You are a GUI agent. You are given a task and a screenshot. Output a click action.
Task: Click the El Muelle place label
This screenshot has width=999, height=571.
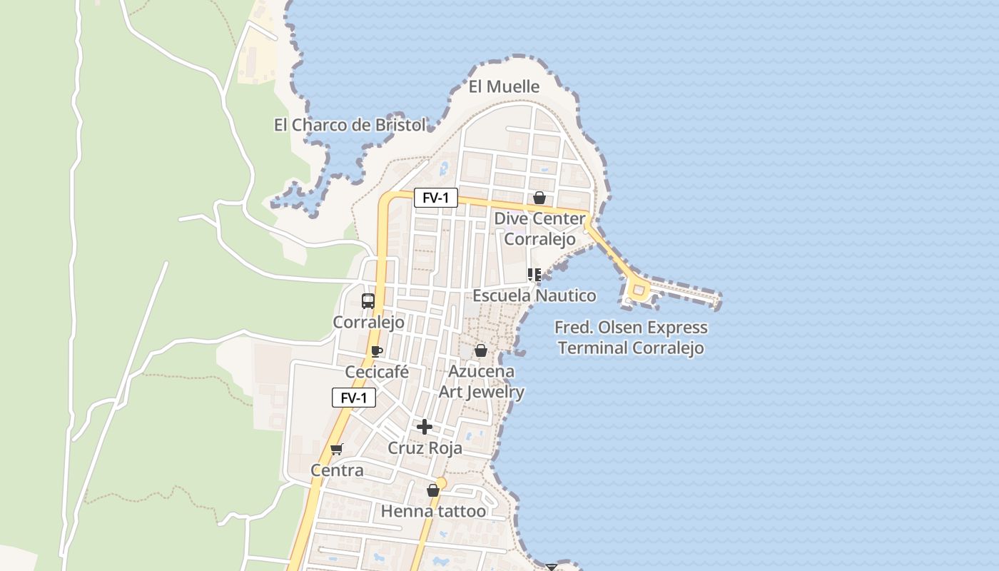click(504, 87)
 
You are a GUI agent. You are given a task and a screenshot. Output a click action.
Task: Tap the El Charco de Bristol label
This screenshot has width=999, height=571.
click(350, 125)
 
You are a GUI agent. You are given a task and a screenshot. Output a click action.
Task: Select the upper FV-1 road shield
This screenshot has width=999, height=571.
click(435, 198)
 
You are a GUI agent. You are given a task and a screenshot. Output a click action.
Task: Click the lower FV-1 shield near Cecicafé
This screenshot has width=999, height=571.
click(354, 398)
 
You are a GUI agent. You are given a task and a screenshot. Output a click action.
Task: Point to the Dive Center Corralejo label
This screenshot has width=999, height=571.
click(539, 228)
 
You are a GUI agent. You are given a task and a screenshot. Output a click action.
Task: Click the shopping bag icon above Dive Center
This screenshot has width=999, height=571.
click(539, 198)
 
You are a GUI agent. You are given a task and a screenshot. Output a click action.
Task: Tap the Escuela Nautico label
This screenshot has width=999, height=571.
click(534, 295)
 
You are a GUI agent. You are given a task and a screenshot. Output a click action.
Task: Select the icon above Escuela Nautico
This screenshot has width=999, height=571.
click(534, 275)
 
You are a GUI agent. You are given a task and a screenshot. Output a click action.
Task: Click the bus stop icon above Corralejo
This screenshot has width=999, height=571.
click(368, 301)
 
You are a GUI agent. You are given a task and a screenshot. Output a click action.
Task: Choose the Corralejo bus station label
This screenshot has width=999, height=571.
click(369, 322)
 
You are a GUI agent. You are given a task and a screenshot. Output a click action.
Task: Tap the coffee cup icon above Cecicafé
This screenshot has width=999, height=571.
click(377, 351)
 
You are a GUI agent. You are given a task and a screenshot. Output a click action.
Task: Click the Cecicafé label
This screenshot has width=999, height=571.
click(377, 372)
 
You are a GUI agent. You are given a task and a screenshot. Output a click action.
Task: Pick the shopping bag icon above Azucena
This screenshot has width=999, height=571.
click(481, 350)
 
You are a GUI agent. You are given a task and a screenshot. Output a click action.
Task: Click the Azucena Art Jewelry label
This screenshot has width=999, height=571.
click(481, 382)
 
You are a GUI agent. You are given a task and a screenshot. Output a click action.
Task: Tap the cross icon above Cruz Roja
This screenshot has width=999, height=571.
click(425, 427)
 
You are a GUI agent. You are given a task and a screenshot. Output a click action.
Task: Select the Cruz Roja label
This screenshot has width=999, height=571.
click(425, 448)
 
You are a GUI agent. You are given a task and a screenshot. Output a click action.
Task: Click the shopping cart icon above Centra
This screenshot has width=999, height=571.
click(337, 449)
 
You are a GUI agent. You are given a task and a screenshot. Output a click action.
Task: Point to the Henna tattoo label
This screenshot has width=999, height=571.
click(433, 511)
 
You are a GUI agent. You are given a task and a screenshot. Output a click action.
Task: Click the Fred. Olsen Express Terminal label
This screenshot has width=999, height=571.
click(632, 338)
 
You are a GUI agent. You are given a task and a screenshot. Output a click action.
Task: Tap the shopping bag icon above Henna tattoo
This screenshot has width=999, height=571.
click(433, 490)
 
